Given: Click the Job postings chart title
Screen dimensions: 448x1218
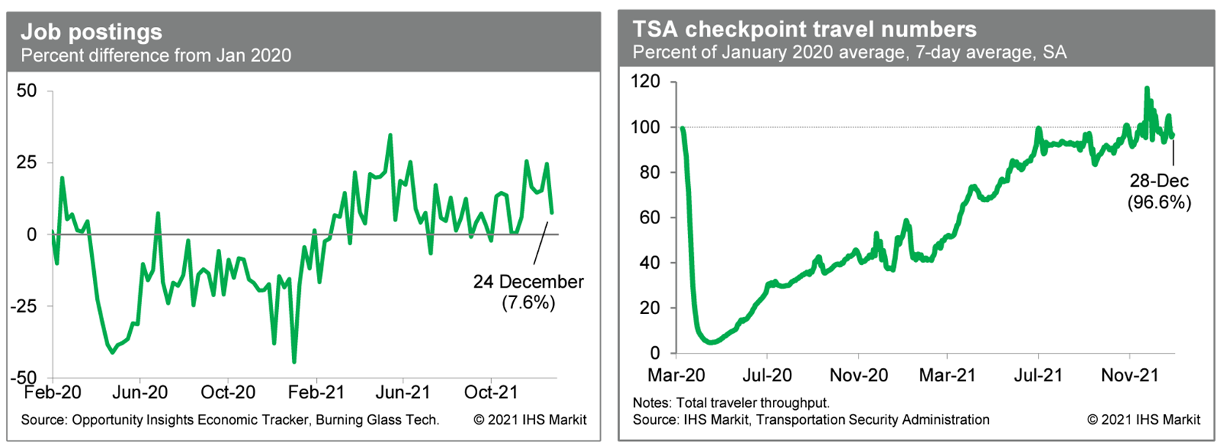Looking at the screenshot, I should click(91, 31).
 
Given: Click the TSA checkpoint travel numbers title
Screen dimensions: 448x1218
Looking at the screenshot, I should click(804, 29).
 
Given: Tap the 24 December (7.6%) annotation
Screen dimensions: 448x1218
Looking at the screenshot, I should click(528, 292).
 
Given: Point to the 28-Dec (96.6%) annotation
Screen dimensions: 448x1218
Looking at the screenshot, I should click(1159, 192).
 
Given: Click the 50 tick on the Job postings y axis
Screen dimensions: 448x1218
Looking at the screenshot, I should click(26, 91).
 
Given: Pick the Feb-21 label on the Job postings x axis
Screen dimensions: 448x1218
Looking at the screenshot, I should click(315, 392).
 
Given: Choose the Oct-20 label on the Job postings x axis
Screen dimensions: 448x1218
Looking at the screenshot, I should click(228, 392).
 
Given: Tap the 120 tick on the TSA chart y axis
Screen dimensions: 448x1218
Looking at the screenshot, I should click(645, 81).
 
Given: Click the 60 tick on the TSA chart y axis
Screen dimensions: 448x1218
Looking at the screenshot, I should click(649, 217).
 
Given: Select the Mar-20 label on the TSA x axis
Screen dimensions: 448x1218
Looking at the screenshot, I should click(676, 376).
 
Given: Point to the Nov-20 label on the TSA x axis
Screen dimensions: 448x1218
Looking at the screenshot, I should click(858, 376).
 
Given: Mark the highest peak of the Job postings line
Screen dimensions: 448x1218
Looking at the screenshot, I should click(390, 135).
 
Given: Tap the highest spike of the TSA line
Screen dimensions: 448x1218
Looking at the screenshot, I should click(1146, 89).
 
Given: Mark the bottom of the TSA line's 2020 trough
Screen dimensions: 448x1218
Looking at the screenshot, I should click(709, 342).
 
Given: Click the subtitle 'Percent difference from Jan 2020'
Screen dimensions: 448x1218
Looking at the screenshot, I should click(156, 56).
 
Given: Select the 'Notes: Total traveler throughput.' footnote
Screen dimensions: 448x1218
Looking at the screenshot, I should click(731, 403).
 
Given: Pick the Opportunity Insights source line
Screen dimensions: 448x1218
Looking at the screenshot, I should click(230, 420).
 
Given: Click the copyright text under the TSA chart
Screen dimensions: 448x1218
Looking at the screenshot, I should click(1143, 420).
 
